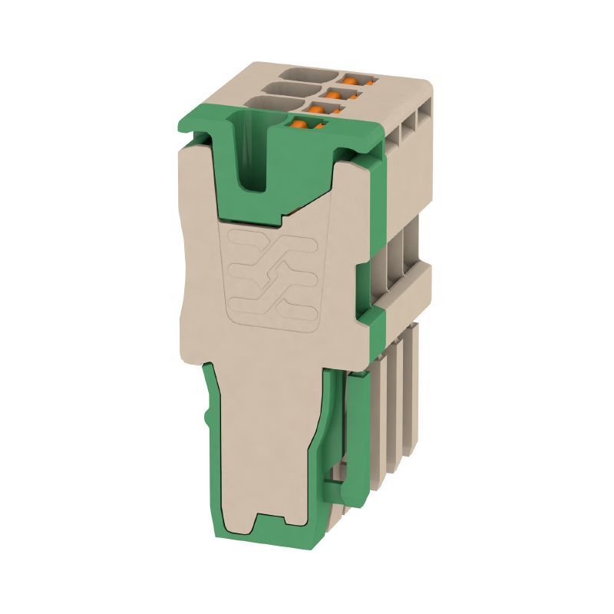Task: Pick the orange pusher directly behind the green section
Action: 334,94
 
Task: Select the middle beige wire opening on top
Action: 289,89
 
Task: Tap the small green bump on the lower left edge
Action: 207,419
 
